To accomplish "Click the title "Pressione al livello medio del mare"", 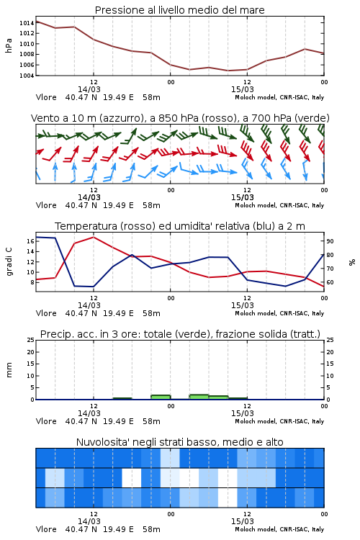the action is point(179,10).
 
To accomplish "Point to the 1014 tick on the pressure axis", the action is point(27,23).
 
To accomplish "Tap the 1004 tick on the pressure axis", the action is point(27,76).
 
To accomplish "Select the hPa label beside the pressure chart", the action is point(9,45).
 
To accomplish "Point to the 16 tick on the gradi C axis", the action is point(30,241).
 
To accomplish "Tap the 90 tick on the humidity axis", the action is point(330,241).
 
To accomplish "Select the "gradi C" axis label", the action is point(9,262).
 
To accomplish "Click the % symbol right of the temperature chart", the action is point(352,262).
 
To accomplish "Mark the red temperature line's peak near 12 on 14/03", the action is point(94,237).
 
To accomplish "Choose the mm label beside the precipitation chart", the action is point(9,370).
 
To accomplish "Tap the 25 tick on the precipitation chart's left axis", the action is point(30,340).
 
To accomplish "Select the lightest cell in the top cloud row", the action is point(170,458).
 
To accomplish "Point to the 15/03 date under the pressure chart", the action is point(242,89).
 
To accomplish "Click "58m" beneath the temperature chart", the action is point(152,313).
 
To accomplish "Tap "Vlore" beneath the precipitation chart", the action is point(46,421).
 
